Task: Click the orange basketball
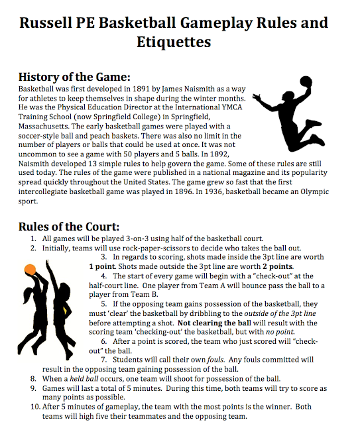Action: tap(30, 269)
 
